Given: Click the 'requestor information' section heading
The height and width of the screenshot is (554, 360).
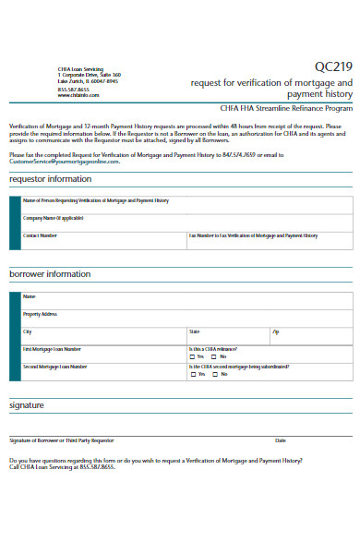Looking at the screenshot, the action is point(51,178).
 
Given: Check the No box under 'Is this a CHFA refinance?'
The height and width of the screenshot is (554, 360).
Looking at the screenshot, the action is point(214,356).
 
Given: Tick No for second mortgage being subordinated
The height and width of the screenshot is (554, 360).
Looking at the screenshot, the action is point(214,374).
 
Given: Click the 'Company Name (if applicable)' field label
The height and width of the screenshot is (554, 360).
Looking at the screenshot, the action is point(53,218).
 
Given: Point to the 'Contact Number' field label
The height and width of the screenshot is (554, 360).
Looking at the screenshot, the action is point(40,235).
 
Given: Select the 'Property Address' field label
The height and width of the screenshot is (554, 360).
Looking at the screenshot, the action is point(46,314).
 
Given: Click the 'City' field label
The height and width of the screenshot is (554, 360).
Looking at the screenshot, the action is point(27,331).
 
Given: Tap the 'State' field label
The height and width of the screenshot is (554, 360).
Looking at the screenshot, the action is point(194,331).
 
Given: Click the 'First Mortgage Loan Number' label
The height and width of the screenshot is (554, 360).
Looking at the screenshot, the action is point(52,349).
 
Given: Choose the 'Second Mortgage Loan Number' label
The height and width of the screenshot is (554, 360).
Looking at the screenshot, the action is point(54,366).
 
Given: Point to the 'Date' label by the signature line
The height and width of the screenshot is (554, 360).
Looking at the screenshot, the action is point(281,440).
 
